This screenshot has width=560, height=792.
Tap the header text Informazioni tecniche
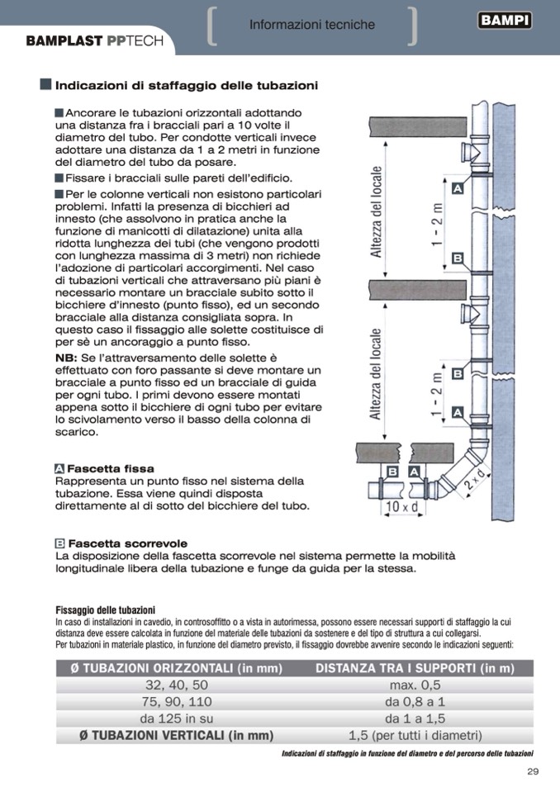tap(311, 26)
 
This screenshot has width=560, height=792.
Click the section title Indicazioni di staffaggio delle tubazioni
tap(187, 85)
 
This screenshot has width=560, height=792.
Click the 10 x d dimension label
tap(402, 506)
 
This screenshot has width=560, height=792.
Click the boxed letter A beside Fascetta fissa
tap(59, 468)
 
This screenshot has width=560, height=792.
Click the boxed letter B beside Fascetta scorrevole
tap(59, 543)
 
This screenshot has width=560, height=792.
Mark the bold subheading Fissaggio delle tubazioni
tap(105, 609)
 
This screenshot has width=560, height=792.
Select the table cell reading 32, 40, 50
tap(177, 685)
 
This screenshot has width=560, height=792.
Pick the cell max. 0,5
tap(415, 685)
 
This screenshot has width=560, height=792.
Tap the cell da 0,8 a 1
tap(415, 702)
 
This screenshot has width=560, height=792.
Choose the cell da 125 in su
tap(177, 718)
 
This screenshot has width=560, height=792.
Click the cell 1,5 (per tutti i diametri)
tap(415, 735)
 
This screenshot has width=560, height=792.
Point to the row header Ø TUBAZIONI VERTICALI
tap(176, 735)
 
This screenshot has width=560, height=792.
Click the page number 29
tap(532, 772)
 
